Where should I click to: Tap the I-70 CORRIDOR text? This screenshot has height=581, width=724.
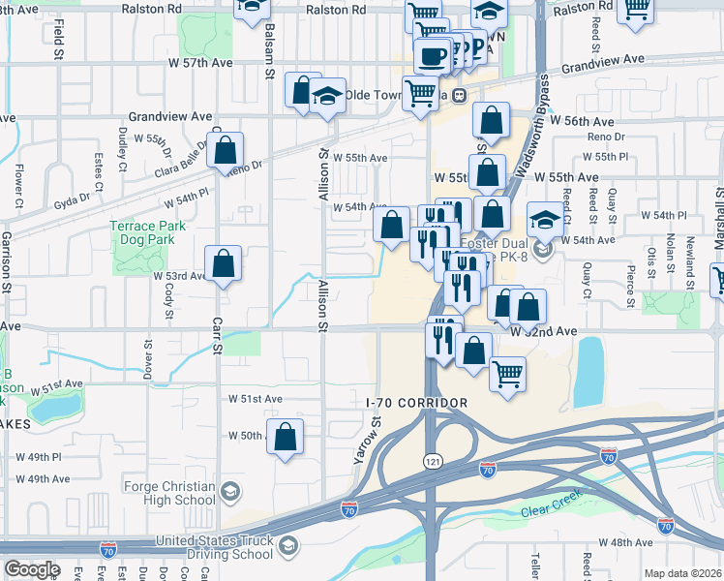point(417,403)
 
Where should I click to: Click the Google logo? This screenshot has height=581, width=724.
point(32,569)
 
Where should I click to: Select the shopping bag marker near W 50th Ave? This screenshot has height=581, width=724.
point(286,437)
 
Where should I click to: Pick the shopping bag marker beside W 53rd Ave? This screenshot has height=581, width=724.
point(223,263)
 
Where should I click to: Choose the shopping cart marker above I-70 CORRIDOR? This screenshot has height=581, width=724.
point(507,374)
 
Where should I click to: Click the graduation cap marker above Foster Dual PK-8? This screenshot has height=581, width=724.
point(545,219)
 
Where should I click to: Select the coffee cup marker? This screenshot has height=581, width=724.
point(431,55)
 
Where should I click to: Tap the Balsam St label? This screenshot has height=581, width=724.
point(268,39)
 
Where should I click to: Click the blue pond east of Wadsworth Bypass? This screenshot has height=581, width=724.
point(588,372)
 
